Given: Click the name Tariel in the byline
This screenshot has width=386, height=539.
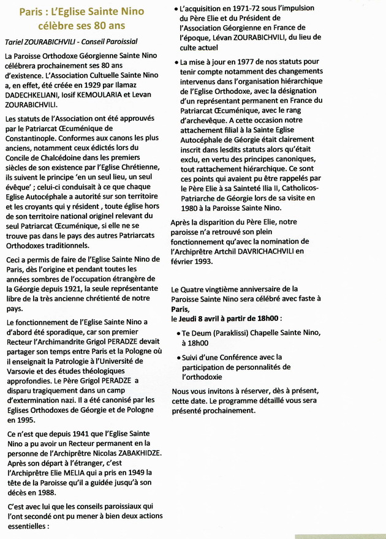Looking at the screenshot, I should pos(16,41).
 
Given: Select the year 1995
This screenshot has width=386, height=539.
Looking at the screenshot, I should pos(21,420).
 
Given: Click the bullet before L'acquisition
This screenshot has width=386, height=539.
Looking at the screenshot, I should pos(176,10).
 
